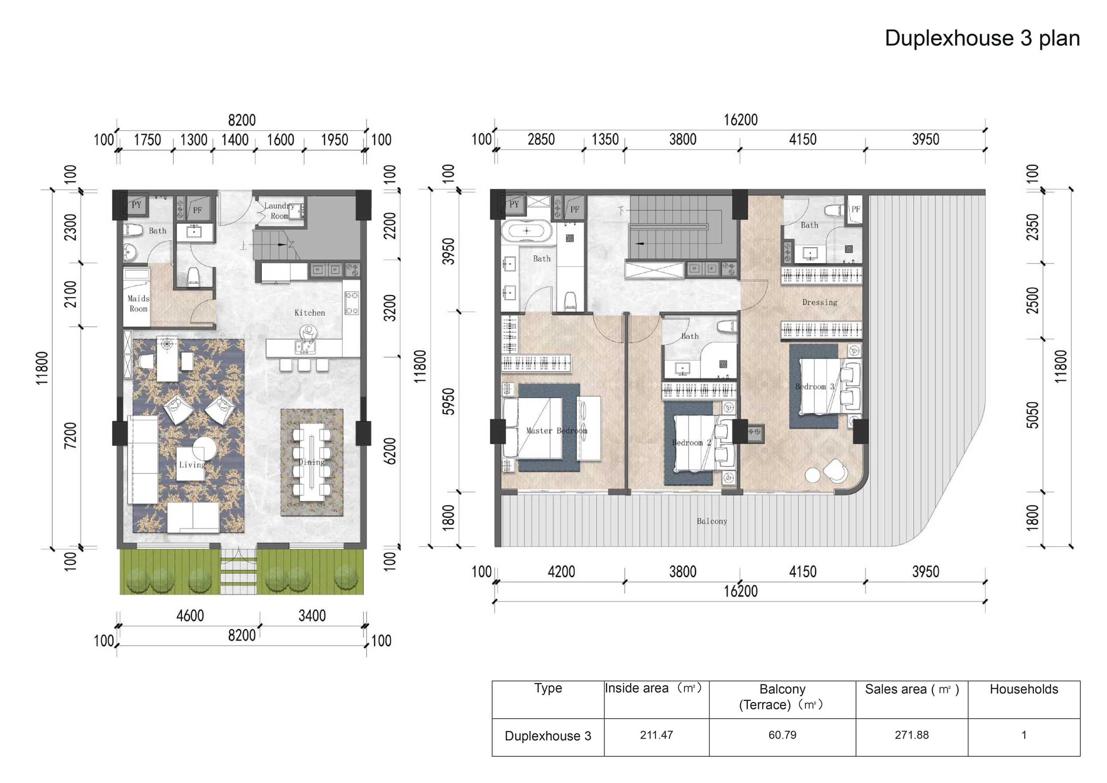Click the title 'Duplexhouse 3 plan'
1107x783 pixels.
982,38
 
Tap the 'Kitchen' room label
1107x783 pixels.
310,313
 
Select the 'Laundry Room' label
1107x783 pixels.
279,211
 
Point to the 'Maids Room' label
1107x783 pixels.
138,304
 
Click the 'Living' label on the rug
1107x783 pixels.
192,465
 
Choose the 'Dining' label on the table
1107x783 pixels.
311,462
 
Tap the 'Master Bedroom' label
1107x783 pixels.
557,430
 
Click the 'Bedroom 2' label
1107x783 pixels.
691,442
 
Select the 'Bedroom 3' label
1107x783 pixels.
815,387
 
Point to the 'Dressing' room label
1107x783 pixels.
820,302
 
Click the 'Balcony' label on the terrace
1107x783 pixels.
712,521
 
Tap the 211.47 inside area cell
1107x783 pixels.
656,735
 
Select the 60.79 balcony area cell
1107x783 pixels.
782,735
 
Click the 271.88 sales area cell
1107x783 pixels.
912,735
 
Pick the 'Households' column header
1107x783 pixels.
1024,690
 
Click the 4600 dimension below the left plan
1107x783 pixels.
190,616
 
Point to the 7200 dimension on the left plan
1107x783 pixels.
70,435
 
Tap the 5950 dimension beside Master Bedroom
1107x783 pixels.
449,401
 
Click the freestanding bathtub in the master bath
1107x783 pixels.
526,231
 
